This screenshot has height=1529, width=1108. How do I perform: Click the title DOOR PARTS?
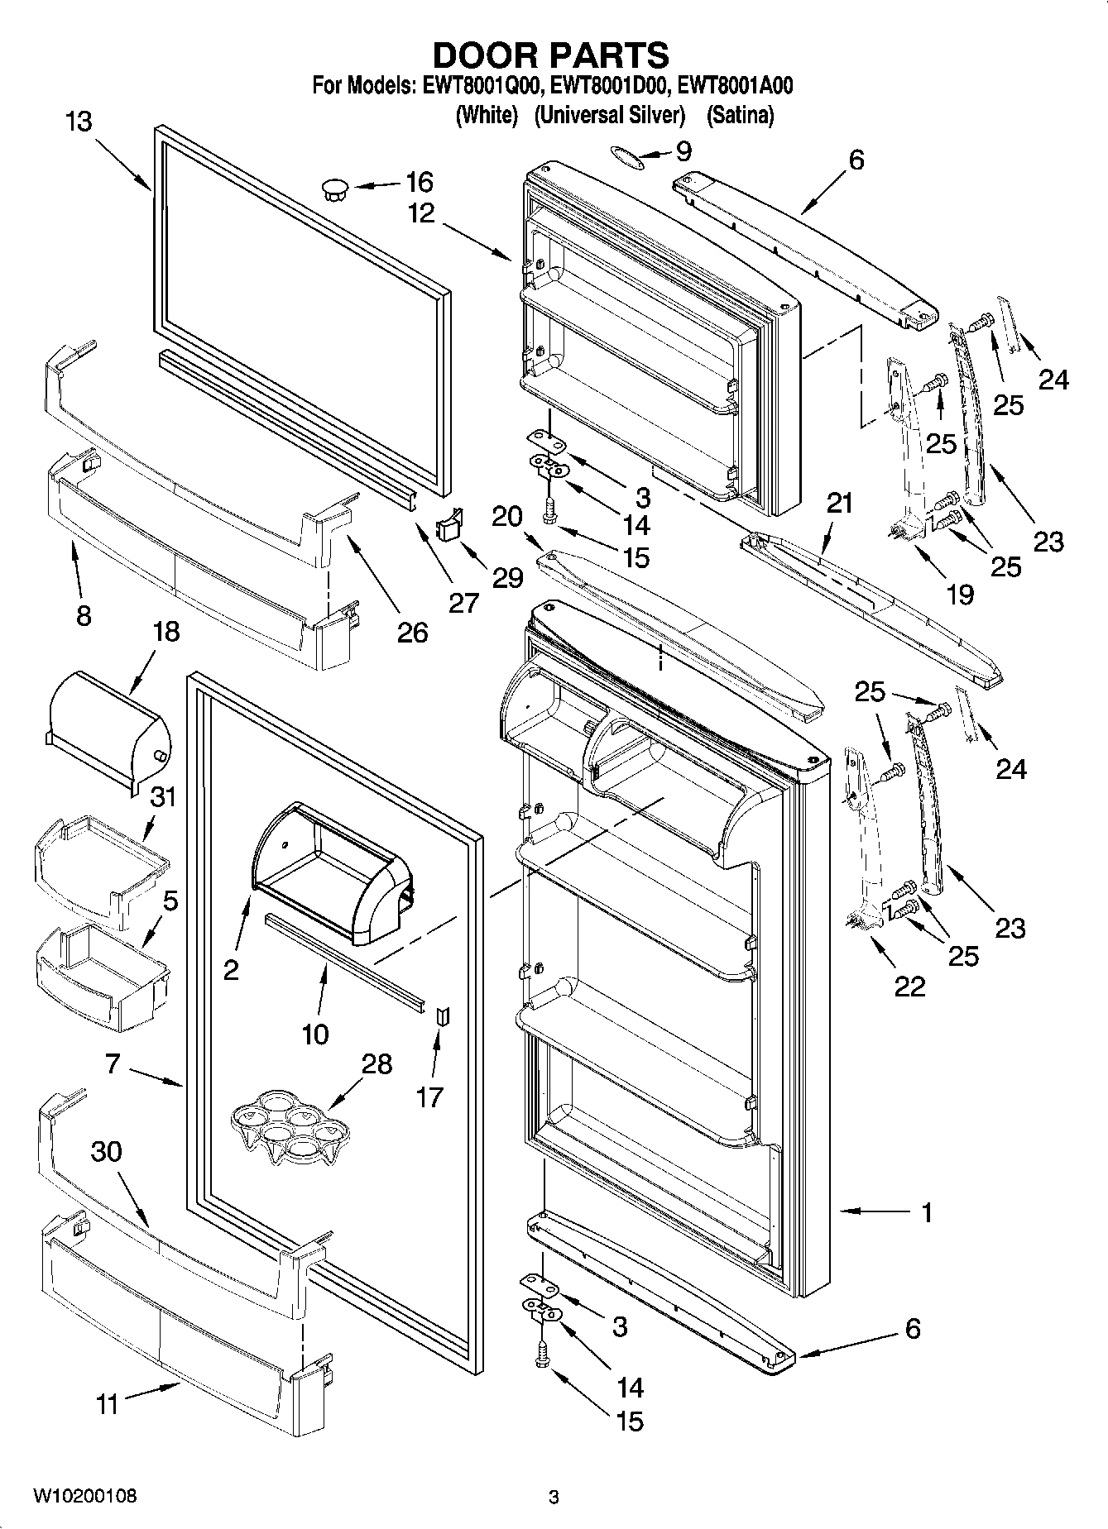coord(550,55)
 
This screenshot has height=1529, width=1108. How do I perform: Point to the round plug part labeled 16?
coord(334,189)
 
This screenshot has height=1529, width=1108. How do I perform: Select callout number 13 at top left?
coord(79,122)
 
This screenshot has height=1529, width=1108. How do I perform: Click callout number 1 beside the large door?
coord(927,1212)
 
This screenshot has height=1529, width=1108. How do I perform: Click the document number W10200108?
coord(84,1496)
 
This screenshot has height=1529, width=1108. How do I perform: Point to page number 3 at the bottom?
coord(554,1497)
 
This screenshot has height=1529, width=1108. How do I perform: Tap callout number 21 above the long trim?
coord(839,503)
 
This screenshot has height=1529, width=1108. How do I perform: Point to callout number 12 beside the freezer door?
coord(421,213)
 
